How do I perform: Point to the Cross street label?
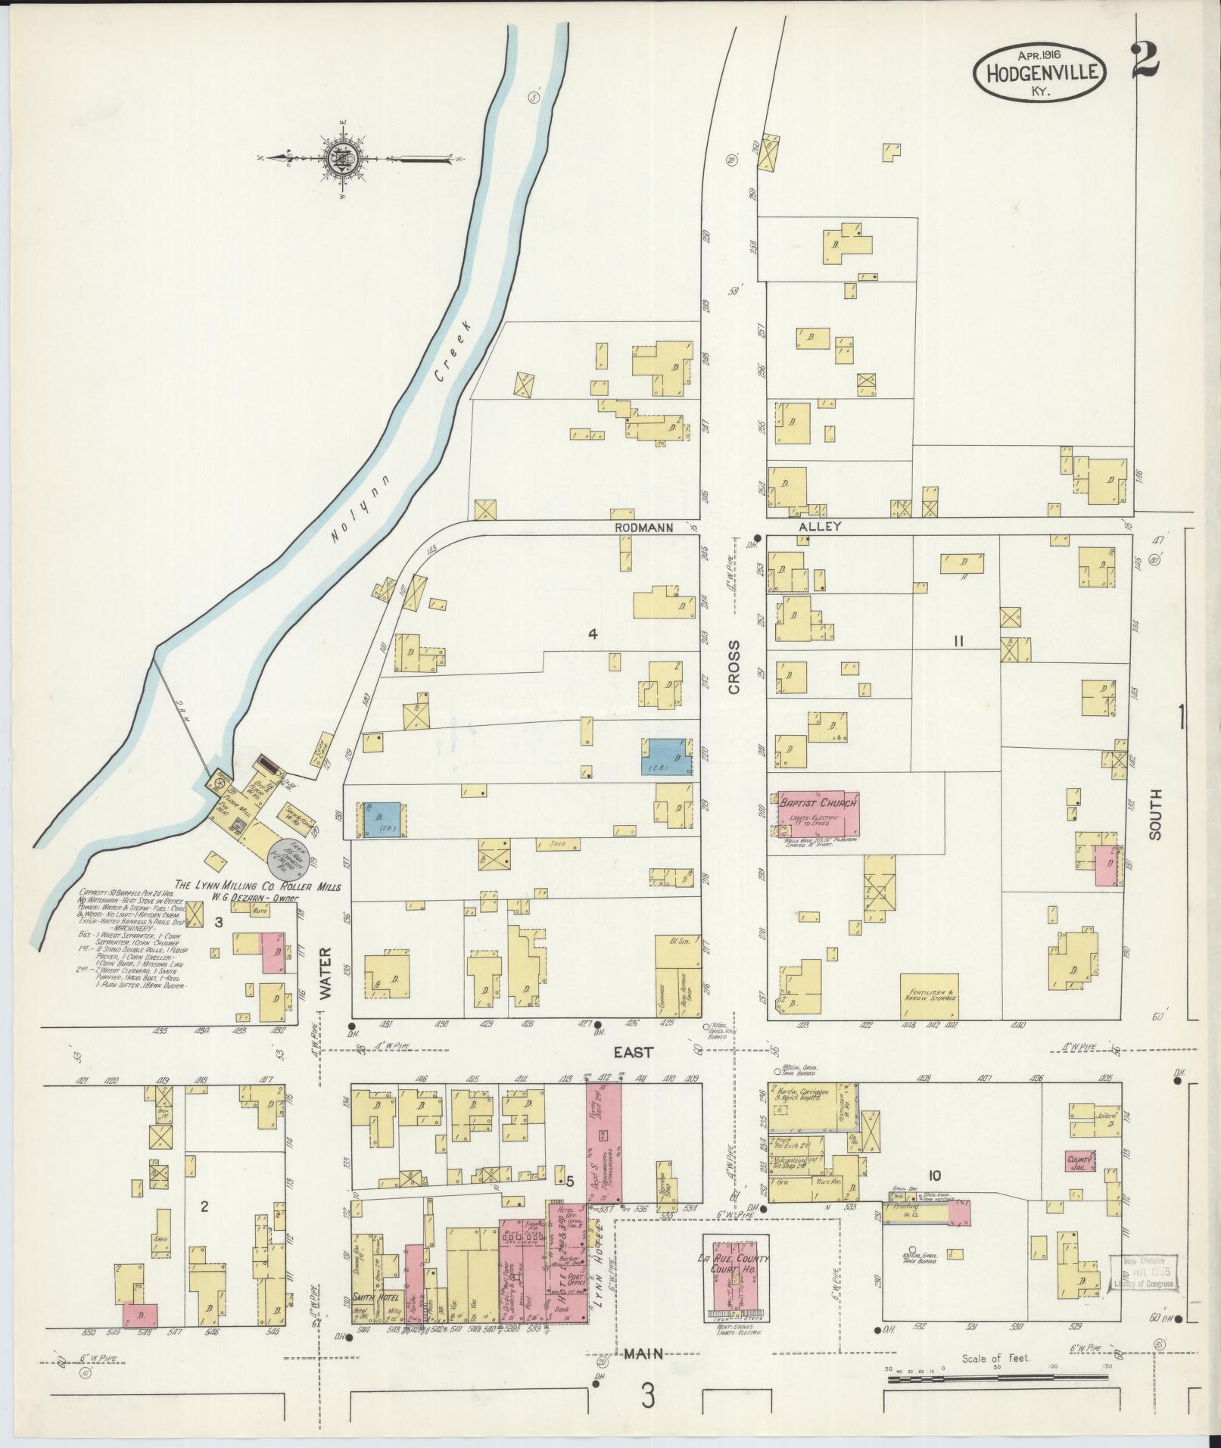coord(734,667)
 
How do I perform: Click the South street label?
coord(1155,814)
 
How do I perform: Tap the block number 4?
coord(593,634)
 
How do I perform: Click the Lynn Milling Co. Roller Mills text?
coord(258,886)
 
